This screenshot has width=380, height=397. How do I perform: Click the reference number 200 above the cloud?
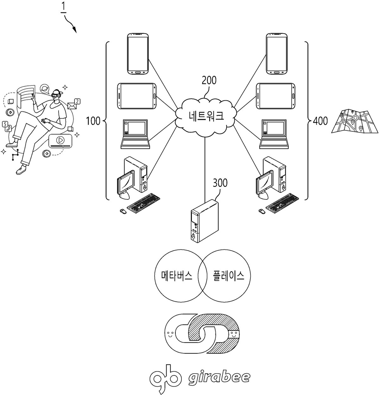tap(209, 81)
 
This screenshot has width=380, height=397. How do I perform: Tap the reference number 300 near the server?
tap(220, 183)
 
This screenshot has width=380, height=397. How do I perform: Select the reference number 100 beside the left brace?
tap(93, 121)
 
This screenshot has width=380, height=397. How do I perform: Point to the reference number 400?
tap(320, 121)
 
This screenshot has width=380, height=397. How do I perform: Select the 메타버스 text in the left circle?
tap(177, 276)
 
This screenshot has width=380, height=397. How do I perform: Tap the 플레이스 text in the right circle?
tap(229, 276)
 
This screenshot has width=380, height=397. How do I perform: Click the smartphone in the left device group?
tap(138, 54)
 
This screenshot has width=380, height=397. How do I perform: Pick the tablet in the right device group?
tap(276, 96)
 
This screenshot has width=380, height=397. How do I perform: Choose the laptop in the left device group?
tap(135, 134)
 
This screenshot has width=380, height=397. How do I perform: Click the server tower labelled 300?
tap(205, 221)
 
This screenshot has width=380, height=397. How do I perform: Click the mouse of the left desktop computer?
tap(123, 211)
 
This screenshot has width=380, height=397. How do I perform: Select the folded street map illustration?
tap(354, 121)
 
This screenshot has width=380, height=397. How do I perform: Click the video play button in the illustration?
tap(60, 140)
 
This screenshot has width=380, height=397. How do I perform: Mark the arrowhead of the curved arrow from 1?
tap(75, 30)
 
